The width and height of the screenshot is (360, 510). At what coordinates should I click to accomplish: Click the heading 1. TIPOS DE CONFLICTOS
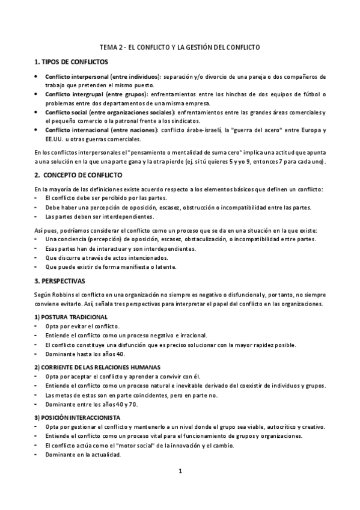tap(72, 62)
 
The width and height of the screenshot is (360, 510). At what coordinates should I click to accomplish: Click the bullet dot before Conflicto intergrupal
tap(37, 94)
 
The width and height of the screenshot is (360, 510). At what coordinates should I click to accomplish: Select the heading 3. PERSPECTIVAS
tap(60, 281)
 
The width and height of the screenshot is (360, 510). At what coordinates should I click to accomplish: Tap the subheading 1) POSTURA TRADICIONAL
tap(71, 316)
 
